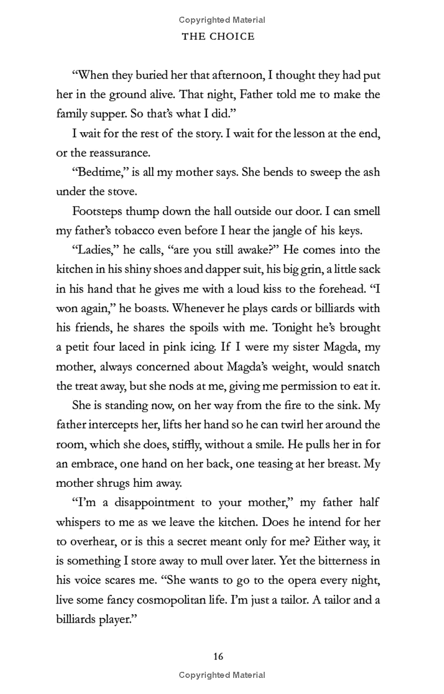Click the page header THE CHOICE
(x=222, y=37)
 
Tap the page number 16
(x=218, y=657)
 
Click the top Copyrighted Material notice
(x=222, y=20)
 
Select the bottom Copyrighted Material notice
(x=222, y=675)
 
